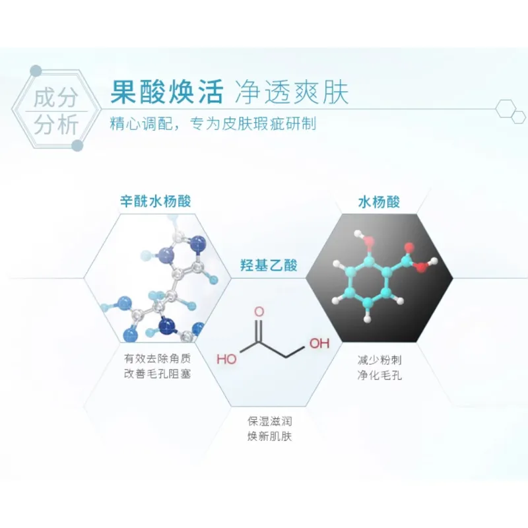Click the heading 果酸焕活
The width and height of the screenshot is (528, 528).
coord(167,92)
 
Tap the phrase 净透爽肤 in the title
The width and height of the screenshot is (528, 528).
coord(292,92)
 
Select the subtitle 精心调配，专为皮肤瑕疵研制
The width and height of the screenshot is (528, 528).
coord(213,124)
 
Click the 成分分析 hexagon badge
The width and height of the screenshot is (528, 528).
coord(56,110)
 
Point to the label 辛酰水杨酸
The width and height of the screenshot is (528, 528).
coord(156,201)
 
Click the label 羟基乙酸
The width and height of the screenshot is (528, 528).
coord(269,265)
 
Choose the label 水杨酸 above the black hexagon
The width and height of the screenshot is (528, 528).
coord(379,202)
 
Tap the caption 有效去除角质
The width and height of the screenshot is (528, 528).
coord(157,358)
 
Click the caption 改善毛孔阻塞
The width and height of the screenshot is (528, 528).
coord(157,374)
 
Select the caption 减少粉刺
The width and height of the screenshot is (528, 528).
coord(379,360)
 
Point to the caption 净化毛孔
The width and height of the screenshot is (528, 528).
coord(379,375)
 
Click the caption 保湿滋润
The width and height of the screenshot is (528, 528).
coord(269,421)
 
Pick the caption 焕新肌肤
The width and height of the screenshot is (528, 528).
coord(269,436)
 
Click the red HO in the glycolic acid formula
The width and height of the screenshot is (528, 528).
coord(226,359)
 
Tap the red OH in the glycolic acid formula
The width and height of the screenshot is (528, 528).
coord(319,343)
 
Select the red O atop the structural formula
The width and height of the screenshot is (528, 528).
coord(259,312)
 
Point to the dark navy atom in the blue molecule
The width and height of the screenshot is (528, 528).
coord(168,325)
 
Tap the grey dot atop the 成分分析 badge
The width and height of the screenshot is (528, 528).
coord(36,71)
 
